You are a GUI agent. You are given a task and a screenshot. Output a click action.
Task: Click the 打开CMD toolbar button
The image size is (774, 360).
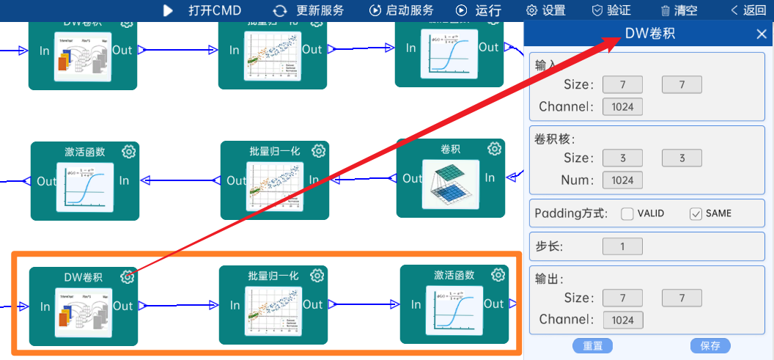(x=202, y=10)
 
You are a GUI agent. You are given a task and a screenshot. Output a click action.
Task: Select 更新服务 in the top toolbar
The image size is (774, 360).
(x=309, y=10)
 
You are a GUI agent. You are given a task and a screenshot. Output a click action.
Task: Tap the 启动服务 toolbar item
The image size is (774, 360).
(x=401, y=10)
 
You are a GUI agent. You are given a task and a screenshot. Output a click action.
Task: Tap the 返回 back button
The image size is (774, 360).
(x=748, y=10)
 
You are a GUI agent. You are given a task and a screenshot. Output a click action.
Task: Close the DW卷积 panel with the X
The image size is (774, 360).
(x=762, y=34)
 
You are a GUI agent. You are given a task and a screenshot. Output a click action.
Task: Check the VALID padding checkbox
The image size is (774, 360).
(x=627, y=214)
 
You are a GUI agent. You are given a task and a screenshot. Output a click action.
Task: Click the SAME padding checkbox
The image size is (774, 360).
(x=696, y=214)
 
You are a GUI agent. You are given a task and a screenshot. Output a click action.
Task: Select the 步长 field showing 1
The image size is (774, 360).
(x=622, y=246)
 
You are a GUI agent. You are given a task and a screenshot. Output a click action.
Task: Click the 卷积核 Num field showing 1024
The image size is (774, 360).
(x=622, y=180)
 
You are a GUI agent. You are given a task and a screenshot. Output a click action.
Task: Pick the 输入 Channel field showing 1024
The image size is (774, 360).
(x=622, y=107)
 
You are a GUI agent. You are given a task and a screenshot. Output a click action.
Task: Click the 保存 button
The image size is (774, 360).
(x=710, y=345)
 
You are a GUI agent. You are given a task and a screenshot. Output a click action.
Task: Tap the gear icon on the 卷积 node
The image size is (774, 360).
(x=495, y=149)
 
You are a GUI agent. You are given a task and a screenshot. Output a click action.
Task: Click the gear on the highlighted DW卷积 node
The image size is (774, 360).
(x=128, y=276)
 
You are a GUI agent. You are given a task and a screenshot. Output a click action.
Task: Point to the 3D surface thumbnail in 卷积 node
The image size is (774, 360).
(x=450, y=184)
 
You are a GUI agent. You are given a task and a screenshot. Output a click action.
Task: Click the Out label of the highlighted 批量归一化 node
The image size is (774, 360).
(x=312, y=304)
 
